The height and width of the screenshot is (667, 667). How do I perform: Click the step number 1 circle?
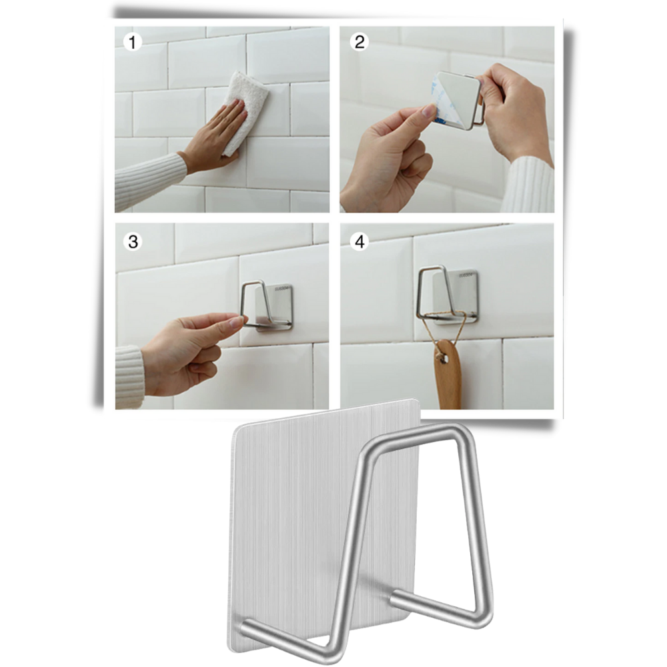coord(133,43)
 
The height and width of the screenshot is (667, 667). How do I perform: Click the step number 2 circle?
coord(360,43)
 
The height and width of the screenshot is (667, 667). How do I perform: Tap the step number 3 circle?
coord(133,241)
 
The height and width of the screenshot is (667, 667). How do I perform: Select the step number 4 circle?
coord(360,241)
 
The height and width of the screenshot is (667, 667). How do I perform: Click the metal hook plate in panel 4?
coord(460,293)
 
